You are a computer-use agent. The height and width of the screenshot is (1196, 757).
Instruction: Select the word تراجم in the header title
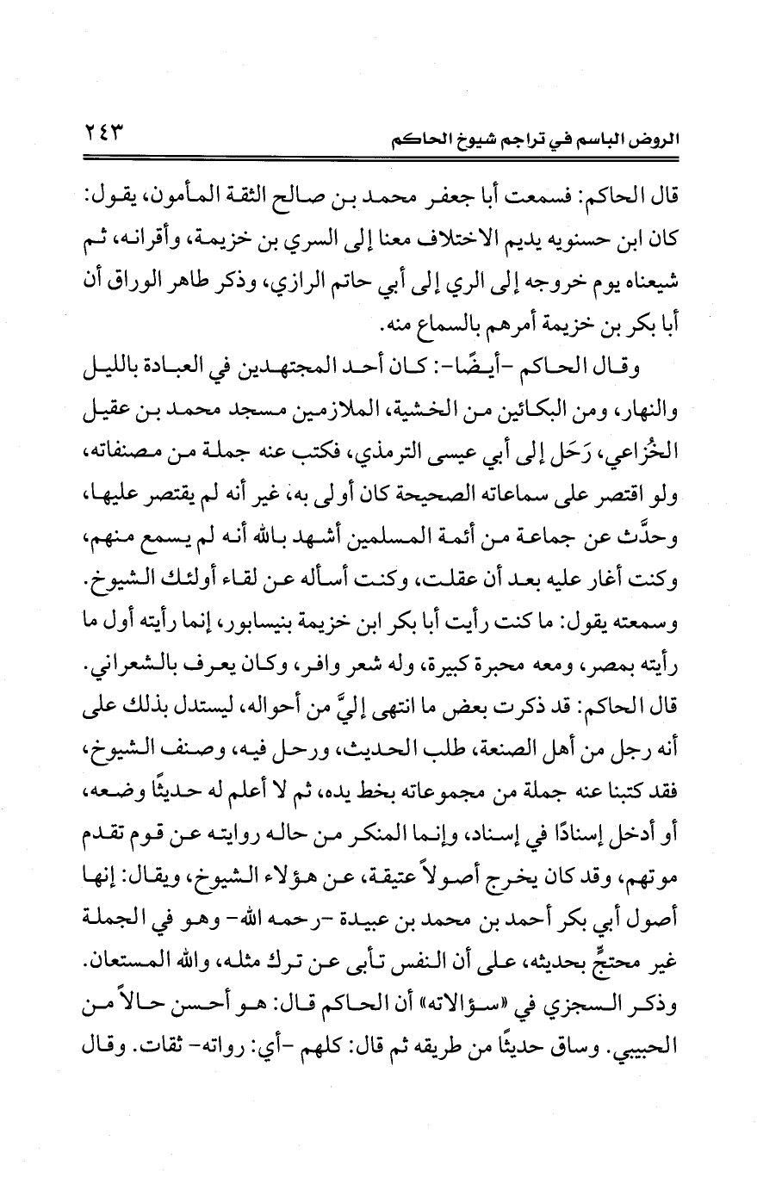[514, 139]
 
